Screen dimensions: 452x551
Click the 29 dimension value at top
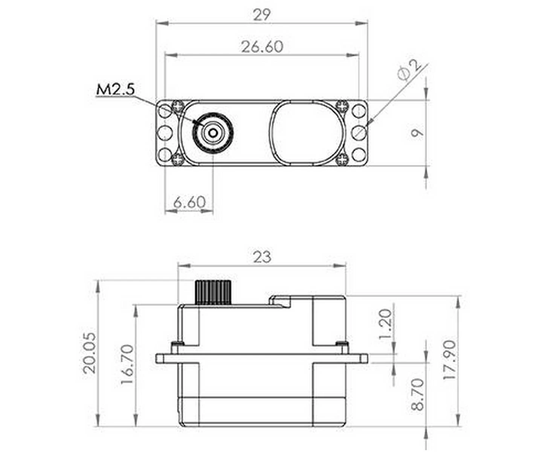pos(261,15)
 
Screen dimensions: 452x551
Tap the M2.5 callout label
pos(115,89)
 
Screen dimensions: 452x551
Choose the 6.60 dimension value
pos(189,202)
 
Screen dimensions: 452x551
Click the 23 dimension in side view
pos(262,257)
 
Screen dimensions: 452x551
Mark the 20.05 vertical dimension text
pos(90,353)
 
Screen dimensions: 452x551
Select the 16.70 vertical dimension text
pos(127,364)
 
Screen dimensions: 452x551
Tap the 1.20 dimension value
pos(385,324)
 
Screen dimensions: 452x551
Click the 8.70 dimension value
pos(418,395)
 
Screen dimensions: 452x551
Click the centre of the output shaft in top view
pos(213,133)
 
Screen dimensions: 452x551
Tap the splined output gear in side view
pos(213,292)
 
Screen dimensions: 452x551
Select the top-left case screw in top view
pos(177,106)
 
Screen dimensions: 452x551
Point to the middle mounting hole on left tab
pos(164,133)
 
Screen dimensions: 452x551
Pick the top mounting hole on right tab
pos(359,111)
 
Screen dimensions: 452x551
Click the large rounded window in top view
pos(307,133)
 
